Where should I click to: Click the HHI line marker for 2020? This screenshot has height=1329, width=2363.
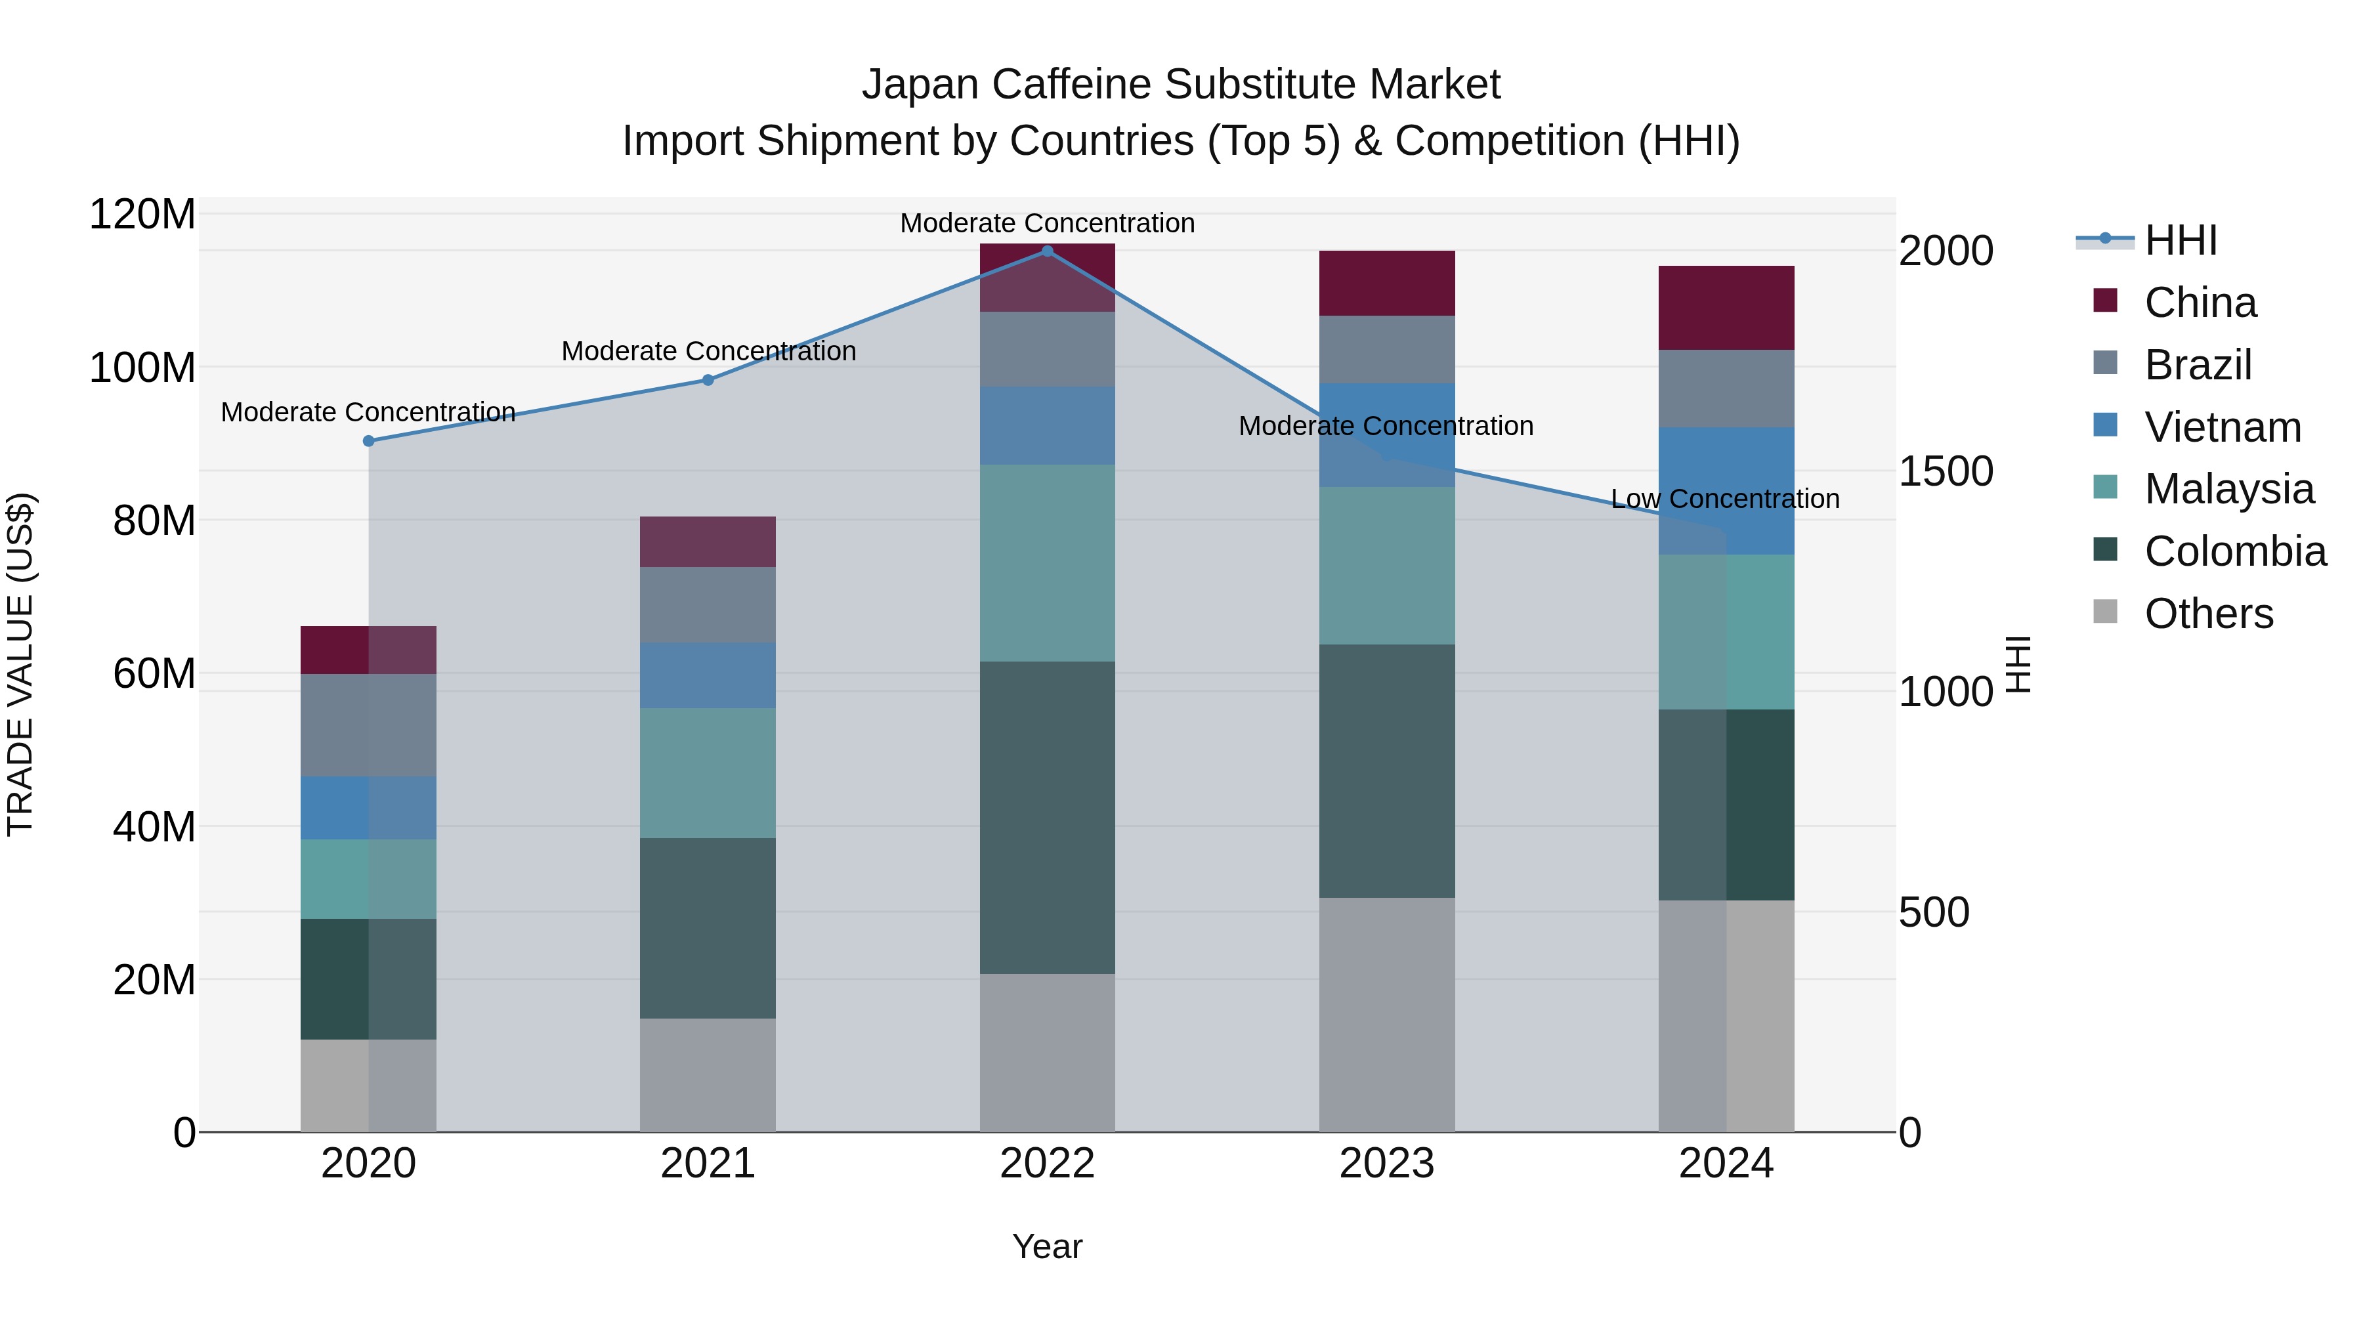369,441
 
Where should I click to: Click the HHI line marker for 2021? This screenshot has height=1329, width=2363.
708,380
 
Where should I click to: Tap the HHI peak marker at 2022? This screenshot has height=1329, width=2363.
1048,251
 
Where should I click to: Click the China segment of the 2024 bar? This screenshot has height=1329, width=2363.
1726,308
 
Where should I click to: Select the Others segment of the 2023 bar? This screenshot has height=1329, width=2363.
1387,1015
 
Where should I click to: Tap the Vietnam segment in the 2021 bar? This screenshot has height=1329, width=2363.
708,675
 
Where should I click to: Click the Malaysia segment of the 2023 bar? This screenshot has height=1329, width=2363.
1387,566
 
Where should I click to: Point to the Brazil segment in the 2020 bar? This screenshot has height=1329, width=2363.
369,725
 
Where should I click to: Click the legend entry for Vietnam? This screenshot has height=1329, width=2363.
2222,427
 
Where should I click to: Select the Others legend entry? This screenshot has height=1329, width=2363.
2208,614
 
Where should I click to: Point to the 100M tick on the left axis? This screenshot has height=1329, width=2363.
142,368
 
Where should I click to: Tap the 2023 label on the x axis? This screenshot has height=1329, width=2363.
1387,1164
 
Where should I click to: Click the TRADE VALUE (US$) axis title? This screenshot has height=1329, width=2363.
20,664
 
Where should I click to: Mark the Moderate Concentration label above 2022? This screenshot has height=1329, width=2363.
1047,223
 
